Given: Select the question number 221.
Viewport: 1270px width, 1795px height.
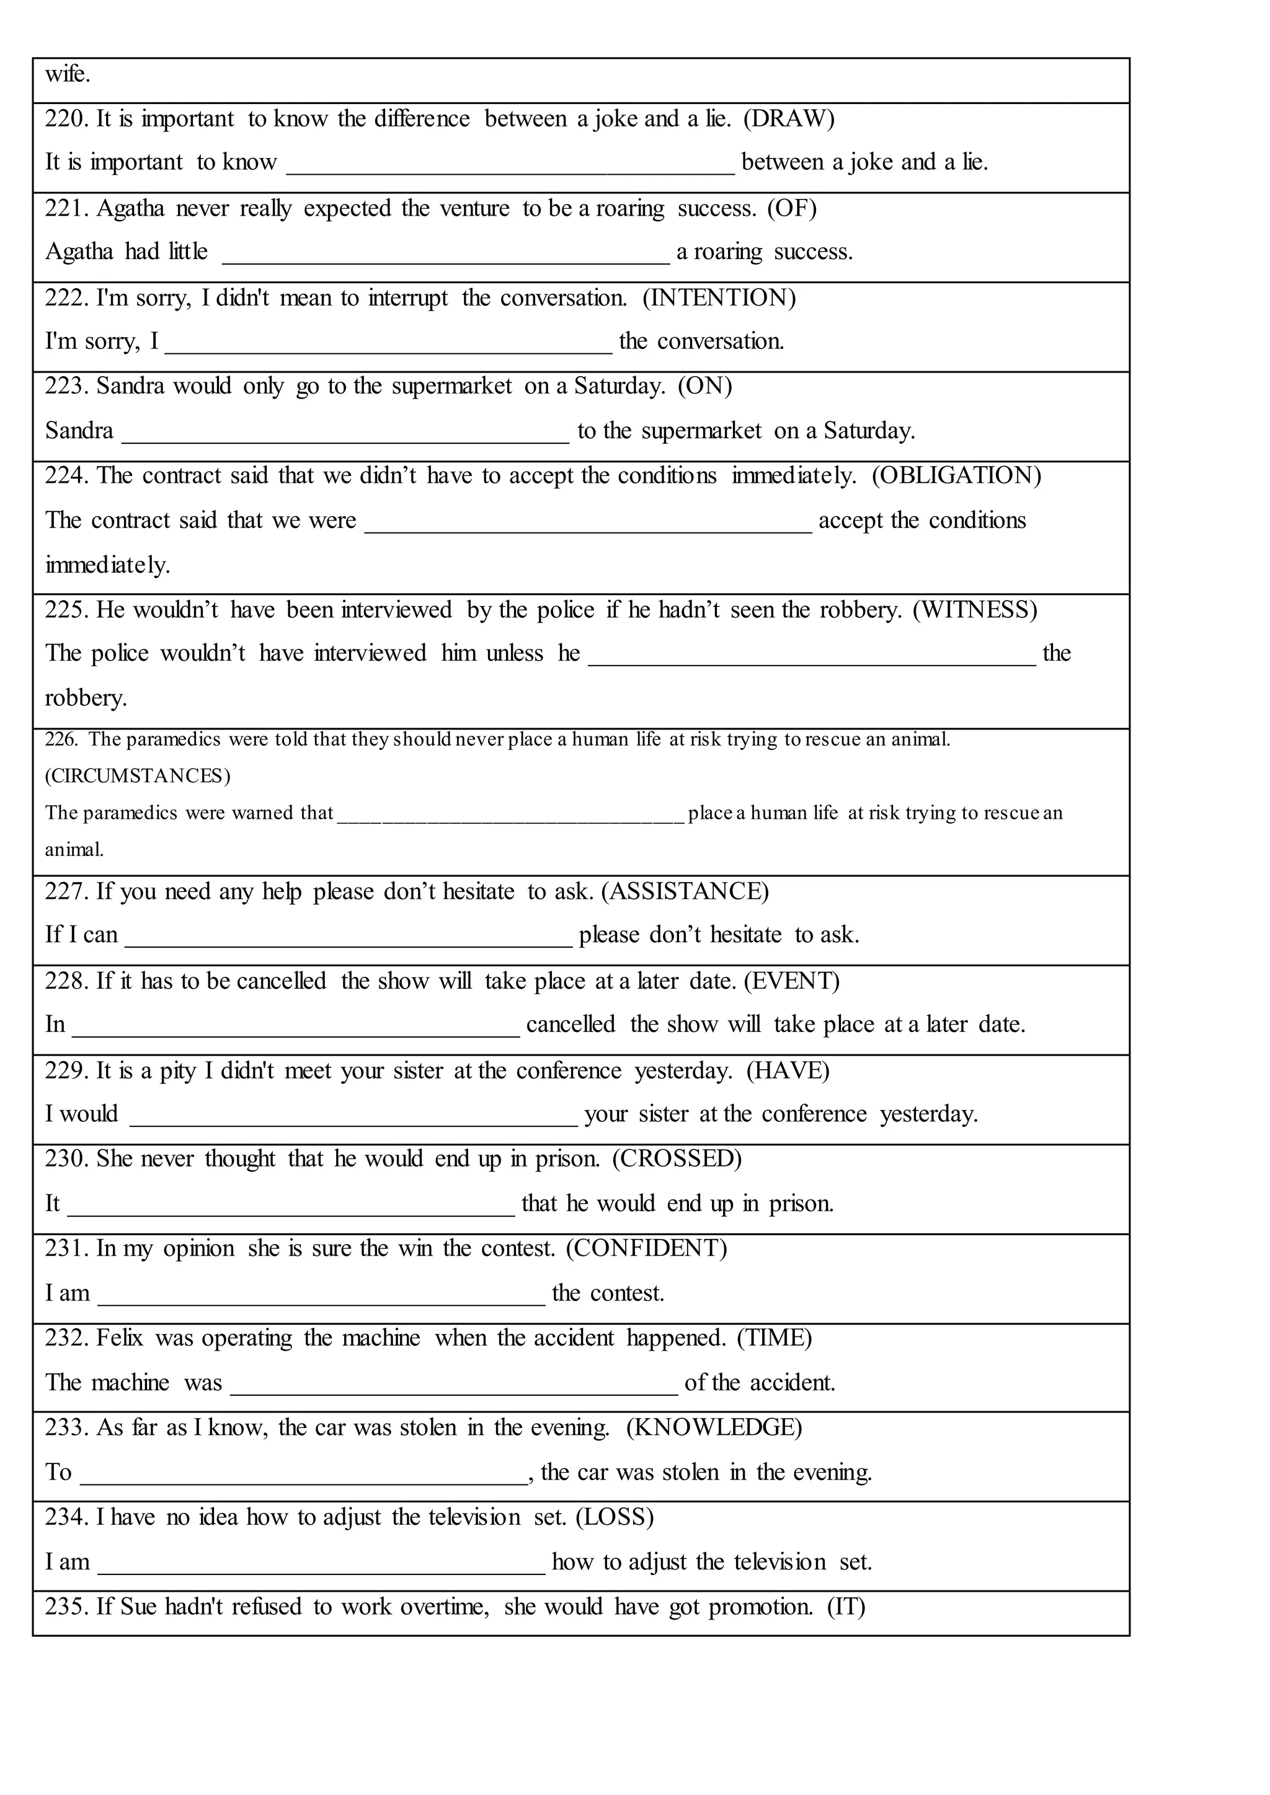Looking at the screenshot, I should tap(67, 209).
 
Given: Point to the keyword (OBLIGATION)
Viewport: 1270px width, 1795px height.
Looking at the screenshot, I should tap(956, 475).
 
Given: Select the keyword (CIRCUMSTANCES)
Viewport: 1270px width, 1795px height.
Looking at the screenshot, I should tap(138, 775).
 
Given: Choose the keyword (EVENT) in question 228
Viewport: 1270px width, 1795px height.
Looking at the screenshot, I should tap(791, 981).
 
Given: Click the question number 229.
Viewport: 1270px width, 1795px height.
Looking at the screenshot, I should tap(67, 1070).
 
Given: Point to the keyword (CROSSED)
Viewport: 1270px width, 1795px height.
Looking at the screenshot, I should tap(677, 1158).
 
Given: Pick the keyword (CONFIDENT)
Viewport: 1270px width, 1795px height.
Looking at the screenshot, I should tap(646, 1248).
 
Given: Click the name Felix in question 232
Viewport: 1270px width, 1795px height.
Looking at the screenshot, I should tap(120, 1338).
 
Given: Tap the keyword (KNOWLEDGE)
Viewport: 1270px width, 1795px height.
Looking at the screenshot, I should tap(713, 1427).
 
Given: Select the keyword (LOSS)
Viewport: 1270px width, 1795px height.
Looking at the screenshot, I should tap(614, 1517).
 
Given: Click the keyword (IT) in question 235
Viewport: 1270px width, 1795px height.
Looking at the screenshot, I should tap(845, 1607).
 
